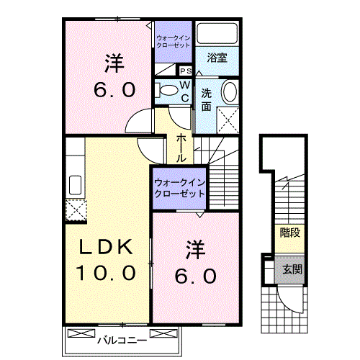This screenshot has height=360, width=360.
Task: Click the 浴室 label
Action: [x=217, y=58]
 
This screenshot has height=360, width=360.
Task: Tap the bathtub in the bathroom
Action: [x=217, y=34]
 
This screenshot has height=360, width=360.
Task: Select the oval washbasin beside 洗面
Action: [x=230, y=92]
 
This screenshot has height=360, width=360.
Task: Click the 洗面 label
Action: [x=206, y=99]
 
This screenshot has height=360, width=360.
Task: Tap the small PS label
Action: [x=185, y=71]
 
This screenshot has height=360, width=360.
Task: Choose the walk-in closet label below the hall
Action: [x=179, y=188]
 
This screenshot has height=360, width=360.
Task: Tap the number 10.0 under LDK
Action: [x=106, y=273]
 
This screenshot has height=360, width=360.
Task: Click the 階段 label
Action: [x=289, y=233]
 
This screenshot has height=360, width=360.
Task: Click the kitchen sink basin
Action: [x=76, y=184]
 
